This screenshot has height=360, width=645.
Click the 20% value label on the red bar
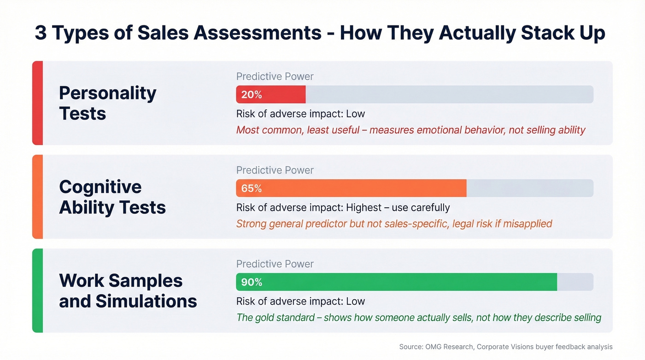(x=252, y=94)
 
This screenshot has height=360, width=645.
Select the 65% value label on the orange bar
(x=252, y=189)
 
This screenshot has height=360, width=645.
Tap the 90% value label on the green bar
(x=252, y=282)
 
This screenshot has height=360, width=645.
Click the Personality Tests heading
(x=108, y=103)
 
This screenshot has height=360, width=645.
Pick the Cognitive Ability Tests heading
(x=112, y=197)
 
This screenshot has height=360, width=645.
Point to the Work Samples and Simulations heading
(x=128, y=291)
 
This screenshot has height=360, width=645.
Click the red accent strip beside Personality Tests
(x=37, y=103)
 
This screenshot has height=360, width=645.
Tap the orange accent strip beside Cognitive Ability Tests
(x=37, y=197)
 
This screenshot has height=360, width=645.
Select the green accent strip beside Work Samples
(x=37, y=290)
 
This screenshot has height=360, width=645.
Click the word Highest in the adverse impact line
(x=364, y=207)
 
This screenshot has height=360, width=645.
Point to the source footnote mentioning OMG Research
(x=505, y=347)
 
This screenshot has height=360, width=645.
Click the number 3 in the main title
(x=41, y=33)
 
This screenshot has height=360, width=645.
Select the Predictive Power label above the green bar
(x=275, y=264)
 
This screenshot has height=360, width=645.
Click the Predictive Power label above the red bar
(x=275, y=77)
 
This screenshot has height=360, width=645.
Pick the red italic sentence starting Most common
(x=410, y=130)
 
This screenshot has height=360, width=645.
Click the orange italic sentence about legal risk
(x=394, y=224)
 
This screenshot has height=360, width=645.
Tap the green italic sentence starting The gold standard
(x=418, y=318)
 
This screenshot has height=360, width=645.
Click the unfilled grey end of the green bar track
(x=575, y=282)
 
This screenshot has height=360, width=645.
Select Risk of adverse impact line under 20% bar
(x=300, y=114)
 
